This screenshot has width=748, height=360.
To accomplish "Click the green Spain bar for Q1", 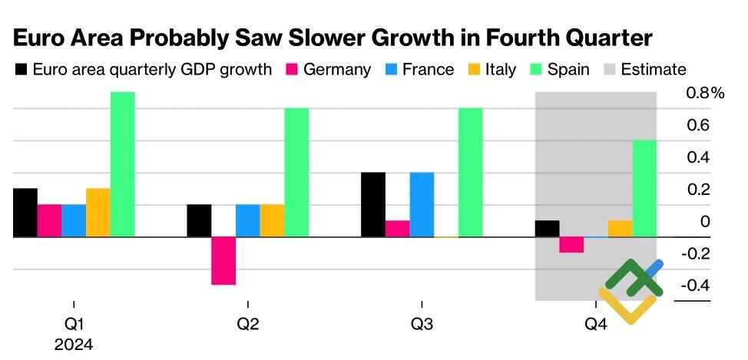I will pos(122,164).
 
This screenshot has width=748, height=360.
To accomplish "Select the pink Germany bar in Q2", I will pos(223,261).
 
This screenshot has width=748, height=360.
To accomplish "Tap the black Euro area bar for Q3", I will pos(372,205).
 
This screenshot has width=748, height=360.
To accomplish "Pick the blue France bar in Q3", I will pos(422,205).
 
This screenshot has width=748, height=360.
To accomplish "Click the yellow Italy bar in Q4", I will pos(620,229).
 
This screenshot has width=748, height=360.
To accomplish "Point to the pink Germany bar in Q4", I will pos(571,245).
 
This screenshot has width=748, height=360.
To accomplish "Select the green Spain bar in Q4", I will pos(644,189).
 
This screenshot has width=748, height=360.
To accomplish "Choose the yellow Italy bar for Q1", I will pos(98,213).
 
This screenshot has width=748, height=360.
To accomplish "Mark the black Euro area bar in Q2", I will pos(199,221).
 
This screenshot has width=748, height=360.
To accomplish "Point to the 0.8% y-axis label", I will pos(705,93).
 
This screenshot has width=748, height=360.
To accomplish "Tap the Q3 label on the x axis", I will pos(421,325).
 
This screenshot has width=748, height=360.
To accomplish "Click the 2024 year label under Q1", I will pos(74,345).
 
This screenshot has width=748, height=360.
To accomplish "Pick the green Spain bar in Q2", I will pos(296,173).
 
